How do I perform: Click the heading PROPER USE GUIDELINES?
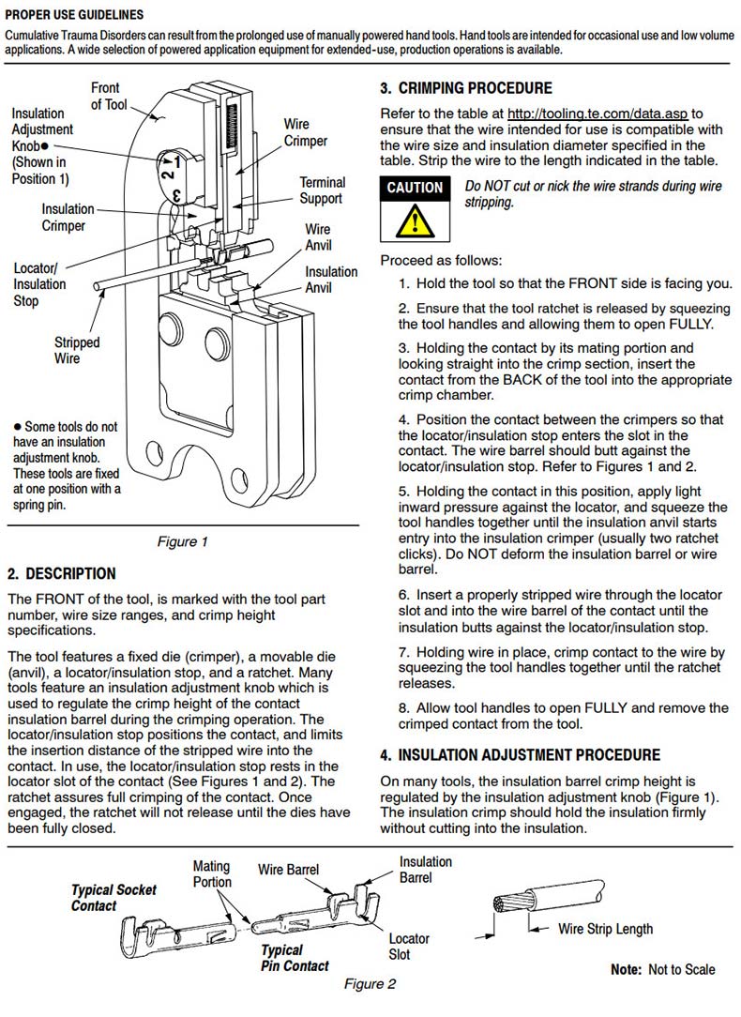pyautogui.click(x=75, y=15)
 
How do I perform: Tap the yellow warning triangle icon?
pyautogui.click(x=415, y=221)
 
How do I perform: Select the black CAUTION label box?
pyautogui.click(x=415, y=188)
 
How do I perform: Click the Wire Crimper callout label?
pyautogui.click(x=306, y=132)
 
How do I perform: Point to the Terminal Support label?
pyautogui.click(x=322, y=190)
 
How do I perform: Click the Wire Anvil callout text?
pyautogui.click(x=318, y=237)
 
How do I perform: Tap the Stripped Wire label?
pyautogui.click(x=77, y=350)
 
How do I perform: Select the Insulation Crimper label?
pyautogui.click(x=68, y=218)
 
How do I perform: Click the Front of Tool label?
pyautogui.click(x=108, y=96)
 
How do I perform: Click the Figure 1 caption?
pyautogui.click(x=182, y=541)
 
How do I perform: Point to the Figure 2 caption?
pyautogui.click(x=370, y=984)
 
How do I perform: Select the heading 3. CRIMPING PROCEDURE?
pyautogui.click(x=466, y=88)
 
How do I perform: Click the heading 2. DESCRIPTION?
pyautogui.click(x=62, y=573)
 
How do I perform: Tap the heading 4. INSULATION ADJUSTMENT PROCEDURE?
pyautogui.click(x=520, y=754)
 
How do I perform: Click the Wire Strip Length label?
pyautogui.click(x=605, y=929)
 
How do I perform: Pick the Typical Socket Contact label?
pyautogui.click(x=113, y=897)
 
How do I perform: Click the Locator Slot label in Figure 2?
pyautogui.click(x=409, y=946)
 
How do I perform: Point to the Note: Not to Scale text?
pyautogui.click(x=662, y=969)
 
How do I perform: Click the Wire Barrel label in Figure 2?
pyautogui.click(x=288, y=870)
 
